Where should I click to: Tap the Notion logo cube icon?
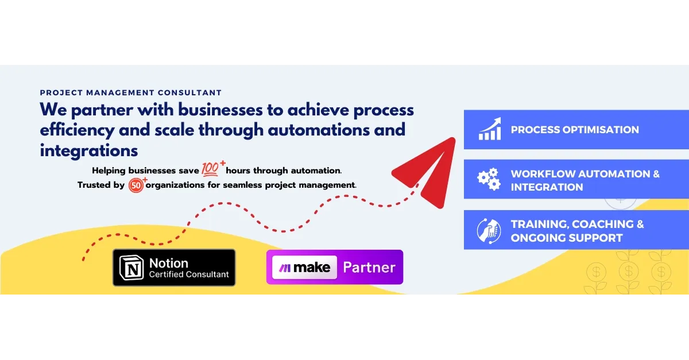click(131, 268)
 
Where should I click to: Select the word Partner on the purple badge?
click(369, 267)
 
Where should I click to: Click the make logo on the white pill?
click(304, 268)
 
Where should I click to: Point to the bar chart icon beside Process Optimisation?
click(489, 130)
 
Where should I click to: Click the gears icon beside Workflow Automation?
click(489, 180)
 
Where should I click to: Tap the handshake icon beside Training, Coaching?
click(489, 230)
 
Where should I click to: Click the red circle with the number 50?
click(137, 185)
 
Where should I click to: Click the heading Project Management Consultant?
click(131, 92)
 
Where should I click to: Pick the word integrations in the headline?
click(89, 150)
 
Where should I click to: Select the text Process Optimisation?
click(575, 130)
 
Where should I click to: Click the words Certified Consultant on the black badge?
click(189, 274)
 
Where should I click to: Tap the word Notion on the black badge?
click(169, 263)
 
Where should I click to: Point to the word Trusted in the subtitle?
click(95, 185)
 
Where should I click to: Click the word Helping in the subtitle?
click(109, 171)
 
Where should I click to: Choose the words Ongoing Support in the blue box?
click(567, 238)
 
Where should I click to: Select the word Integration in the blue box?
click(547, 187)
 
